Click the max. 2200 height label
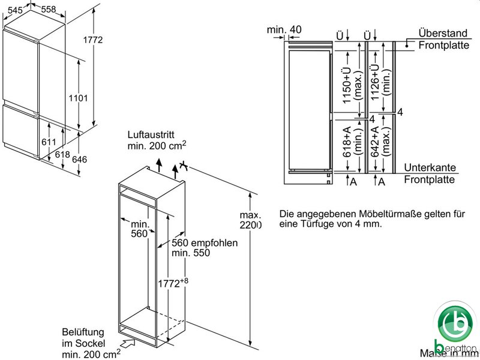250,220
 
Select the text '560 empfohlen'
205,244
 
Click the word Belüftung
83,332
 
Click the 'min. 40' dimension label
284,30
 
